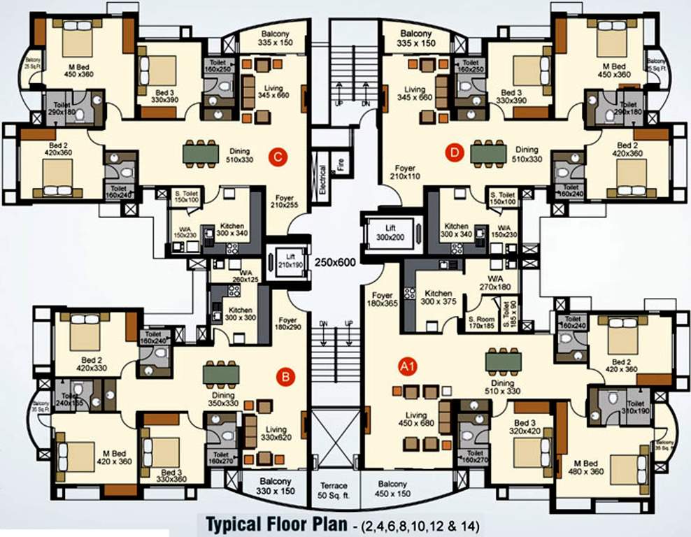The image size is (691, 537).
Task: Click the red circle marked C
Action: [278, 157]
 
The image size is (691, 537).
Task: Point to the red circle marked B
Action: [285, 378]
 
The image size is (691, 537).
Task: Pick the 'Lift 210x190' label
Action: [286, 260]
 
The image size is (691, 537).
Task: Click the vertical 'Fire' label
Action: [341, 165]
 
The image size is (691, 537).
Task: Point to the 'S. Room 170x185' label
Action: [481, 322]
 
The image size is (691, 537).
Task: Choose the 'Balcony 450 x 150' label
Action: [392, 489]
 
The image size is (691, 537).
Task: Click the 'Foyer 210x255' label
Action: [285, 201]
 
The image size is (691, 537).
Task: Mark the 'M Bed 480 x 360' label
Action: [585, 467]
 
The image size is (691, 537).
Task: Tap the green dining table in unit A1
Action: [504, 360]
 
